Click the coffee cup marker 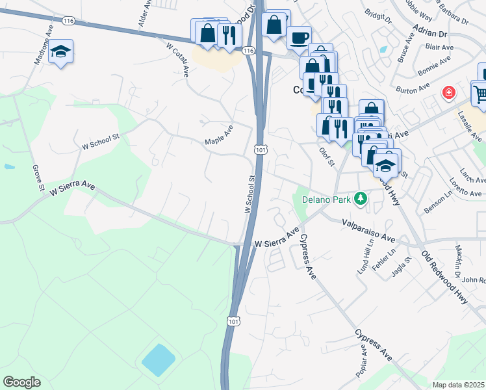tap(299, 38)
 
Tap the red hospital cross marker tap(448, 93)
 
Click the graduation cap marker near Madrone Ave tap(60, 51)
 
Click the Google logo tap(21, 382)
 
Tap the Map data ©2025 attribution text tap(459, 385)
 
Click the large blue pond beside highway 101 tap(158, 360)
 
